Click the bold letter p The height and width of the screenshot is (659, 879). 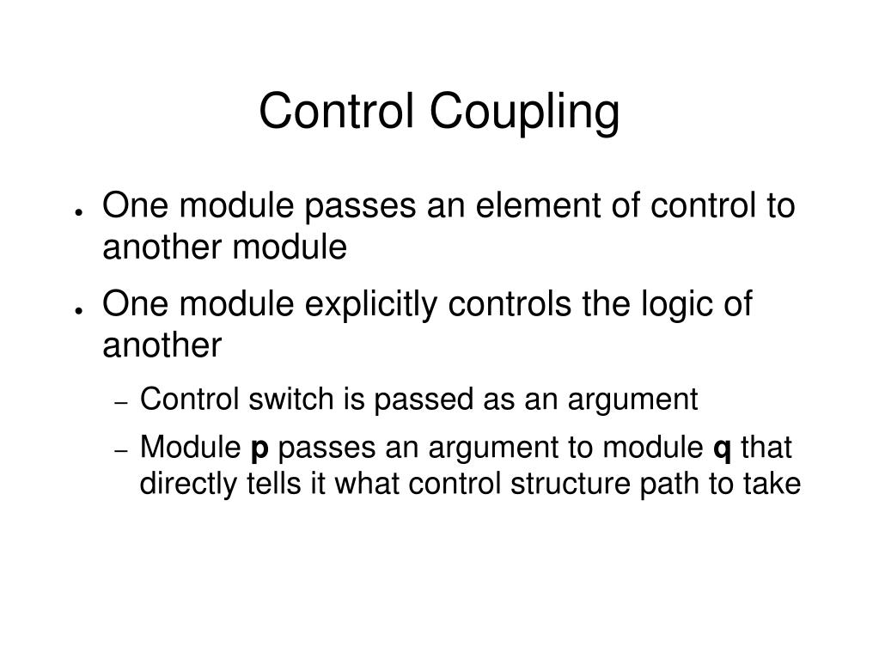coord(258,448)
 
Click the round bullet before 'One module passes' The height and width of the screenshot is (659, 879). coord(77,211)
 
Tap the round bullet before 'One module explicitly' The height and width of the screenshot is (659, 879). coord(77,309)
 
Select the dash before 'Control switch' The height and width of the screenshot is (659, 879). coord(122,402)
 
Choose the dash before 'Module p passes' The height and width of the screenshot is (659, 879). coord(122,450)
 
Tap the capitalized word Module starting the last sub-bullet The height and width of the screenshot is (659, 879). coord(191,448)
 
